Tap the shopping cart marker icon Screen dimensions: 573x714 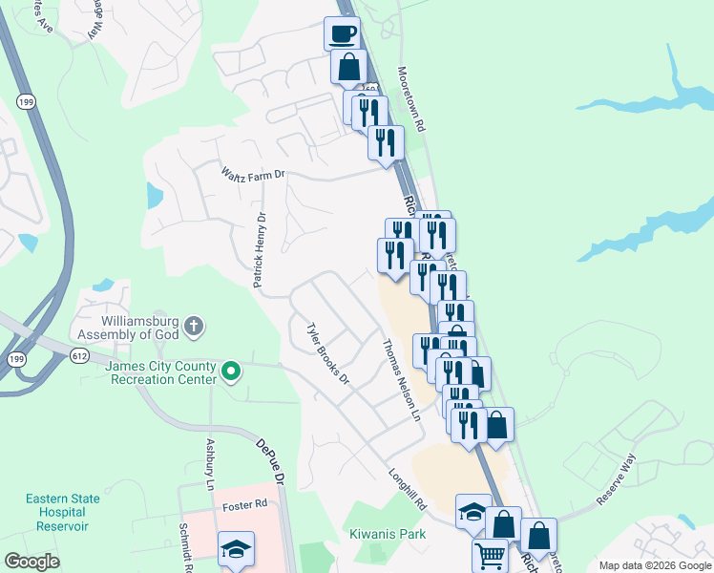pos(490,555)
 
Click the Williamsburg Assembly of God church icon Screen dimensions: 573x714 pos(194,327)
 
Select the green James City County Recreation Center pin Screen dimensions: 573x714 pos(229,371)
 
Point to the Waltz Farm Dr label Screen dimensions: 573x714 pos(253,174)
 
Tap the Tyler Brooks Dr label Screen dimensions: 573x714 pos(327,353)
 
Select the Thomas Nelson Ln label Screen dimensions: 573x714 pos(401,381)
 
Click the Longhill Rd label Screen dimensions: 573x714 pos(410,486)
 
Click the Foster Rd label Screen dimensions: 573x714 pos(241,506)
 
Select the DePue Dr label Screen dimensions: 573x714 pos(271,460)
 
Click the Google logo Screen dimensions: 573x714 pos(31,562)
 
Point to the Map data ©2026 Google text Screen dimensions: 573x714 pos(655,565)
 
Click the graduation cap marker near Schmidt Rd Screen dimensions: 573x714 pos(236,549)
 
